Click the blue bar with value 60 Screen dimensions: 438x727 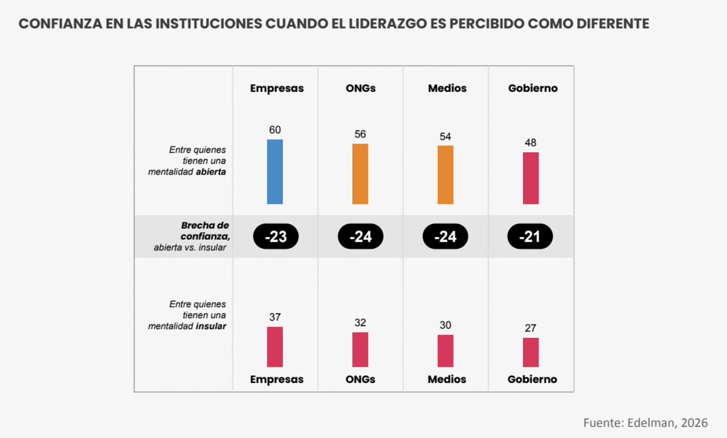tap(275, 172)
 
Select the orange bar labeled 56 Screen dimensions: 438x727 tap(360, 174)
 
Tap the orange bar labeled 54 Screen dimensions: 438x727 tap(446, 175)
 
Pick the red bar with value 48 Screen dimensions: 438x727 tap(531, 178)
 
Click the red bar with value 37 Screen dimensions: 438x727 tap(275, 347)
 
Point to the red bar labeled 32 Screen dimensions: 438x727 tap(360, 349)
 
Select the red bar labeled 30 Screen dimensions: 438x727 tap(446, 351)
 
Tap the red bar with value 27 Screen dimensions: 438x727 tap(531, 353)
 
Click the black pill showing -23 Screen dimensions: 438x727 tap(276, 236)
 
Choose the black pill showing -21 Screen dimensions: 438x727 tap(530, 236)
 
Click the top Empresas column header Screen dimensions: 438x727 tap(277, 89)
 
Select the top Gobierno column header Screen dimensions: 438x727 tap(533, 89)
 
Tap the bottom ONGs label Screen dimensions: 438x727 tap(360, 379)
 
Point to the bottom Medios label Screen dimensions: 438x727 tap(447, 379)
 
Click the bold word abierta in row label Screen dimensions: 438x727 tap(211, 172)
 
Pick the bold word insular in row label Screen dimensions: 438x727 tap(211, 326)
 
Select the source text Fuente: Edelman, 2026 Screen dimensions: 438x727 tap(645, 423)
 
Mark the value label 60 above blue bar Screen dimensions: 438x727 tap(275, 130)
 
